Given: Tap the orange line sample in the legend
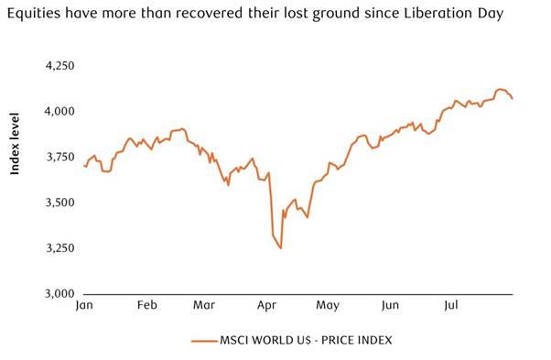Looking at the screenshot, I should [x=203, y=340].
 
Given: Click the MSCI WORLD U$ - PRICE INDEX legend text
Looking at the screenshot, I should [x=306, y=340].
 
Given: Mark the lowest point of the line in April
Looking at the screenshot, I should [x=281, y=248].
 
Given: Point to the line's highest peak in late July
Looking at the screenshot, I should [x=499, y=89].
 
